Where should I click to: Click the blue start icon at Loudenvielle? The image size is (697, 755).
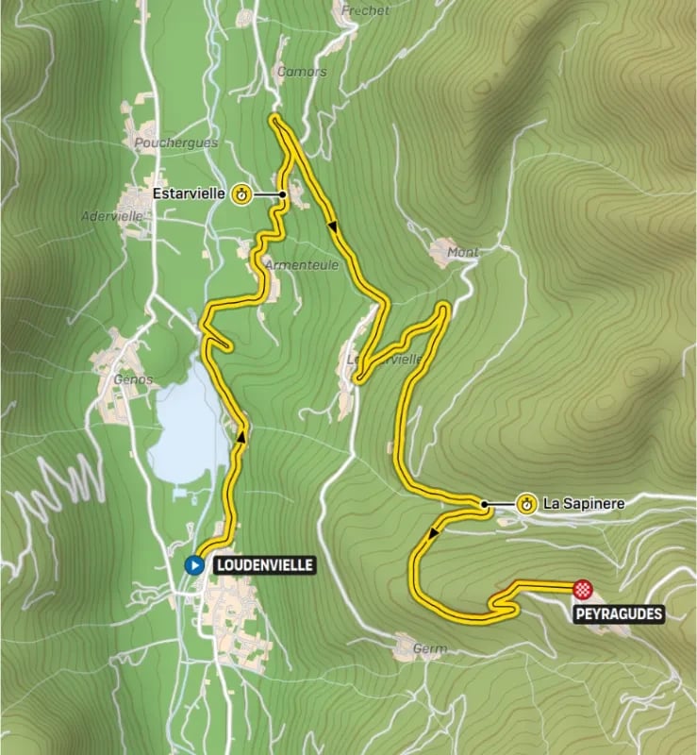[194, 565]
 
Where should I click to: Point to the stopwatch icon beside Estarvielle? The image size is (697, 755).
[241, 194]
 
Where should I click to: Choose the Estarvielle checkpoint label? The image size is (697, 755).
[189, 194]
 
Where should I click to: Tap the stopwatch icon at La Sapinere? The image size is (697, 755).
[526, 504]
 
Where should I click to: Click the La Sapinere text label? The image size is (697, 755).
[585, 504]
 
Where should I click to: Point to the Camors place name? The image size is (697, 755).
[302, 72]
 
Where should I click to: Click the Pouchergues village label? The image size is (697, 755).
[175, 143]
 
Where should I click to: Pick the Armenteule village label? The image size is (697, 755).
[302, 266]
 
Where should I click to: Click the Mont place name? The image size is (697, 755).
[463, 252]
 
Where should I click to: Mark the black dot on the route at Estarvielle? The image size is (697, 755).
[282, 194]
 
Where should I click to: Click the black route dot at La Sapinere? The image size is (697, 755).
[484, 505]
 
